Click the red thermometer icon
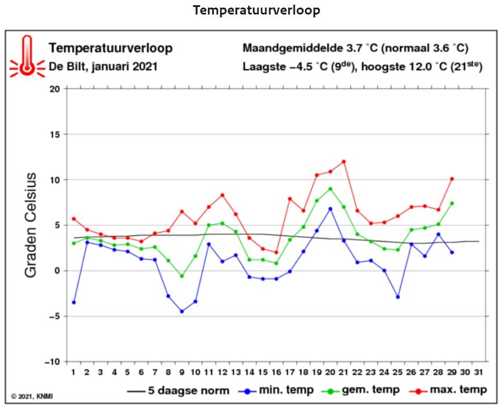click(x=27, y=56)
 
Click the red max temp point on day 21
click(x=344, y=161)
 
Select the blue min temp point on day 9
click(x=182, y=311)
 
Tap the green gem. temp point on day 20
click(x=330, y=189)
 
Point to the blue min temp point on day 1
click(x=74, y=302)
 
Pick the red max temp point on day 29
click(x=452, y=179)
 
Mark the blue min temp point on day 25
click(x=398, y=297)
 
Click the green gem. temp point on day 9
click(x=182, y=276)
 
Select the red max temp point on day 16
click(x=277, y=253)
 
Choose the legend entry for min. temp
click(x=276, y=390)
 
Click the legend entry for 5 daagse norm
click(x=178, y=391)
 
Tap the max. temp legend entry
click(x=448, y=390)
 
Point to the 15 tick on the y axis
click(x=55, y=134)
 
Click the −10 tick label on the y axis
click(x=53, y=362)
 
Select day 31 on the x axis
click(x=478, y=372)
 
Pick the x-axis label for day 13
click(x=236, y=372)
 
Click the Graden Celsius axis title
click(x=31, y=225)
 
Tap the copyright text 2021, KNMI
click(x=32, y=396)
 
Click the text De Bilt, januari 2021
click(x=103, y=67)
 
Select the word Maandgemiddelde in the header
click(x=293, y=48)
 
